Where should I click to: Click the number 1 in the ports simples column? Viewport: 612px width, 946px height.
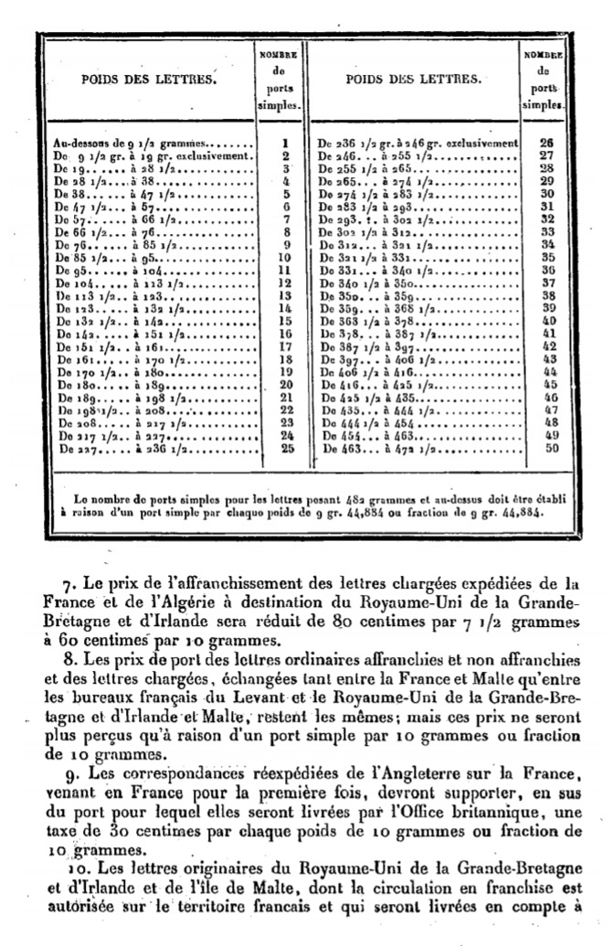coord(285,143)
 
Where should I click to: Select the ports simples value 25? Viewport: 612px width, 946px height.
coord(285,449)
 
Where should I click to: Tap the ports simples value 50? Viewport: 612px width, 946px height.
coord(549,449)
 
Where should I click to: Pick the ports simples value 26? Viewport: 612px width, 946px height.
coord(549,143)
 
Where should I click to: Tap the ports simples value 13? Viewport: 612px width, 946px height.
coord(285,296)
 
